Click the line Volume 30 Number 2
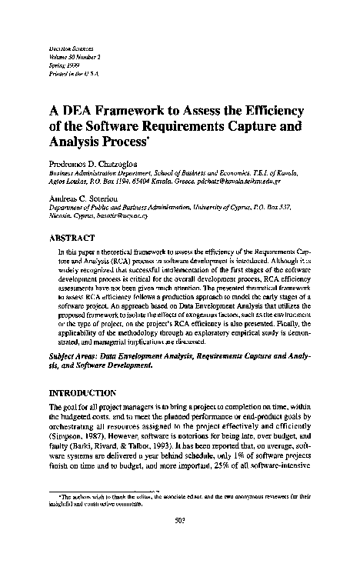tap(72, 56)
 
